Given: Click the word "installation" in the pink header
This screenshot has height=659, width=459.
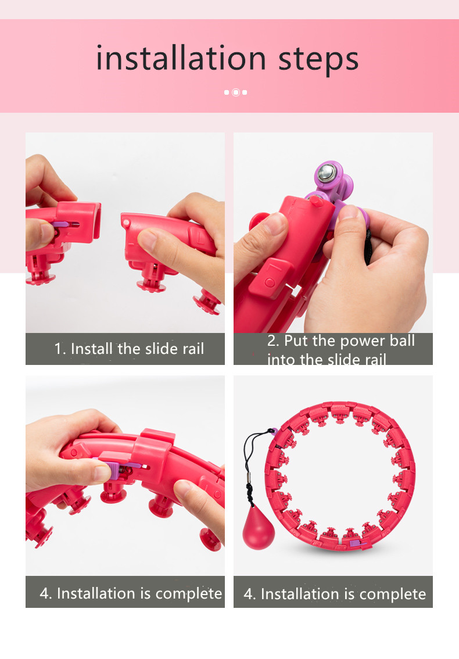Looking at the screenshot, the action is [x=181, y=58].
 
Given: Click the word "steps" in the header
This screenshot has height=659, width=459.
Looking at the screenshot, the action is [x=318, y=60].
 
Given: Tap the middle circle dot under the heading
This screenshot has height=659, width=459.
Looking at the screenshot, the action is [x=236, y=92].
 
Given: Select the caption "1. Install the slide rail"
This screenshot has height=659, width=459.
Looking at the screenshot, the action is [x=129, y=349].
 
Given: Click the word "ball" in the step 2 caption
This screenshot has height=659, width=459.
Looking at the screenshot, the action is [x=402, y=341].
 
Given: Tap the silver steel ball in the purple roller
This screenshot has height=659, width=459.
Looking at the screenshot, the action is [x=327, y=173].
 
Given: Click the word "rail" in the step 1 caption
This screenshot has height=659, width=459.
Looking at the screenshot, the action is [x=193, y=349].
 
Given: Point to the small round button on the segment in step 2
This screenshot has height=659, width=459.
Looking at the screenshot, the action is [x=270, y=282].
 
